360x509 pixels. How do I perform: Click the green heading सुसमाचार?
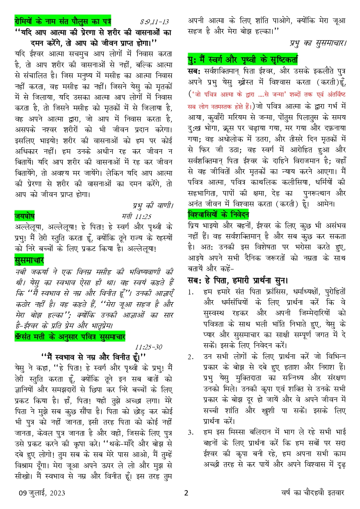pos(29,260)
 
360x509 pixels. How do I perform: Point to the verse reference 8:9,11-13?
pos(154,21)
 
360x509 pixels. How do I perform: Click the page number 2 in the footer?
pos(186,493)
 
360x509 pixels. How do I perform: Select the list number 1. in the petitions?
pos(191,292)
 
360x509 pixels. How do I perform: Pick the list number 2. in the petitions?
pos(191,357)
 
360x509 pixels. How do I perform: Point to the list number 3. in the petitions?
pos(191,431)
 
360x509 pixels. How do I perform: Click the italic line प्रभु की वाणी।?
pos(153,205)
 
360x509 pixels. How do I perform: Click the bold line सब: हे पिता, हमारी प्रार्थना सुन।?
pos(237,281)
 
